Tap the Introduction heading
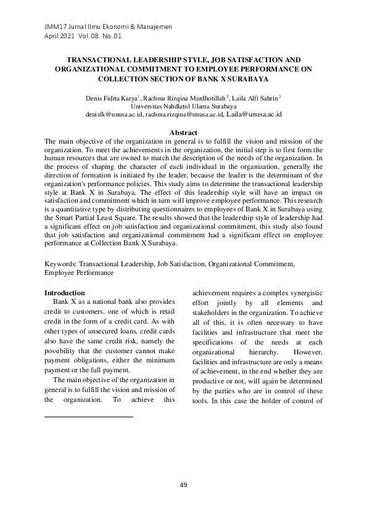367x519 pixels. click(x=65, y=292)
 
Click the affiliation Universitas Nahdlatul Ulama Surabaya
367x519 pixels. click(x=183, y=106)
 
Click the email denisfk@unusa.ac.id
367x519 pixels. click(x=115, y=115)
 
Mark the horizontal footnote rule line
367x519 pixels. click(x=89, y=417)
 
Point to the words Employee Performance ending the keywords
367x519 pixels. click(x=79, y=272)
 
